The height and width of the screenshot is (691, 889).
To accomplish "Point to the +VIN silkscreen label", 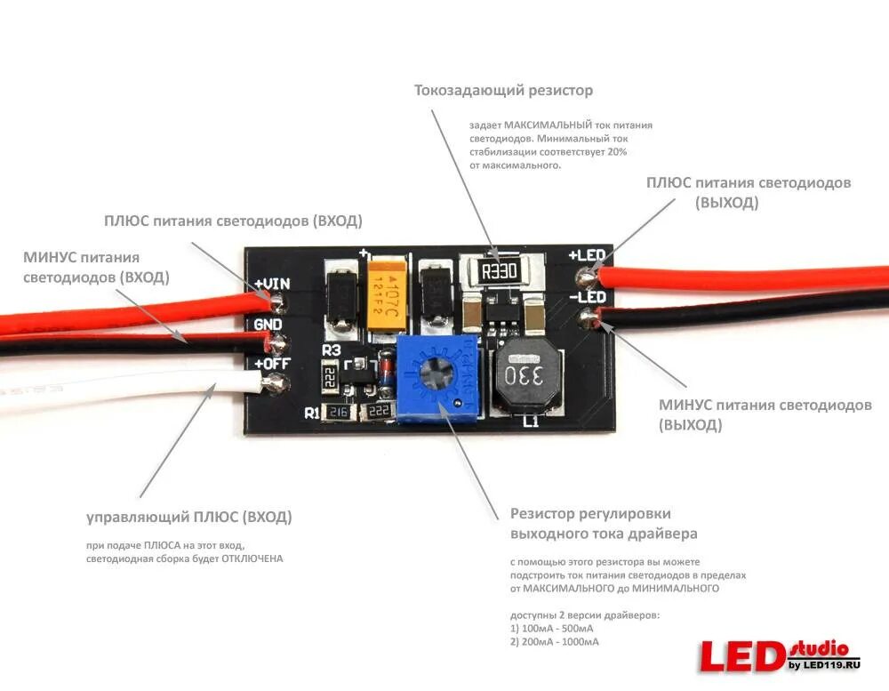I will [272, 284].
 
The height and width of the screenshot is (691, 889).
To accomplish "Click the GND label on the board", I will [268, 324].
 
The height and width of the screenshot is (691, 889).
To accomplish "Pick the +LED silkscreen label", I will [587, 255].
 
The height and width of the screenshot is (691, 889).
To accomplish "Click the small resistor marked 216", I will [337, 412].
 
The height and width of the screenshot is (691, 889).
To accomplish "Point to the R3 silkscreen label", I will [331, 350].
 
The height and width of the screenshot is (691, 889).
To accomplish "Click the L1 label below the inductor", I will [531, 422].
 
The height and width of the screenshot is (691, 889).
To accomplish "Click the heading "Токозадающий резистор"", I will [503, 91].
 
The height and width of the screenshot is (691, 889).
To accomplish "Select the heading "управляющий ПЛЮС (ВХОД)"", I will [188, 517].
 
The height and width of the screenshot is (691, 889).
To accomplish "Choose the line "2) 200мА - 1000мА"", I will [555, 641].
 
